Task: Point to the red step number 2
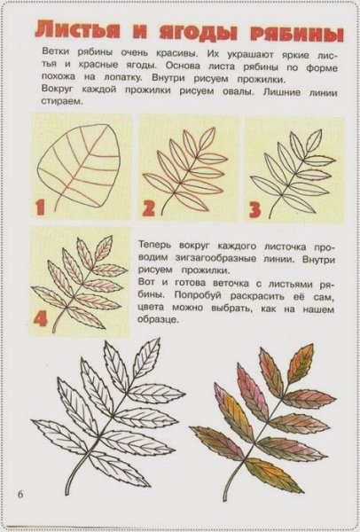pos(148,208)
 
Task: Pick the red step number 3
pos(255,209)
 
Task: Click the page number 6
pos(18,492)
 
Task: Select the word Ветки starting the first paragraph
pos(57,52)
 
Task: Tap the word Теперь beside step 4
pos(159,240)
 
